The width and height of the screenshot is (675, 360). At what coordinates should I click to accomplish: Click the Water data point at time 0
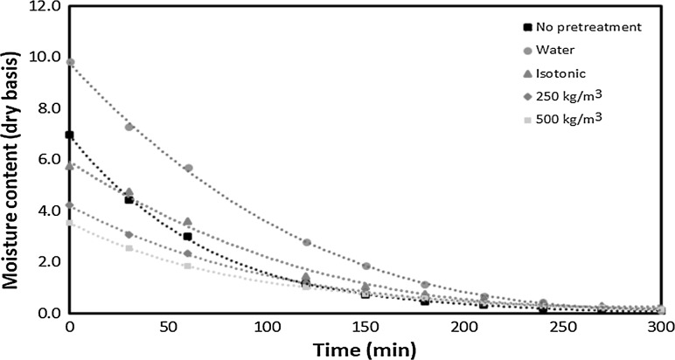[70, 63]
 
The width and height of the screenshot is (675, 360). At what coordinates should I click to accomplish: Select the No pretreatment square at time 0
[70, 135]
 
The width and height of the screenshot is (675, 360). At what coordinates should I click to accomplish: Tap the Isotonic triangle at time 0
[70, 166]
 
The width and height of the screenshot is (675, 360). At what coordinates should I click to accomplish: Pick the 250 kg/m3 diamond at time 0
[70, 205]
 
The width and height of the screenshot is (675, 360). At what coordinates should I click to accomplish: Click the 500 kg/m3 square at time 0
[70, 223]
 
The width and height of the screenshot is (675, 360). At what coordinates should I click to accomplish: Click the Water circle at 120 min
[307, 242]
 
